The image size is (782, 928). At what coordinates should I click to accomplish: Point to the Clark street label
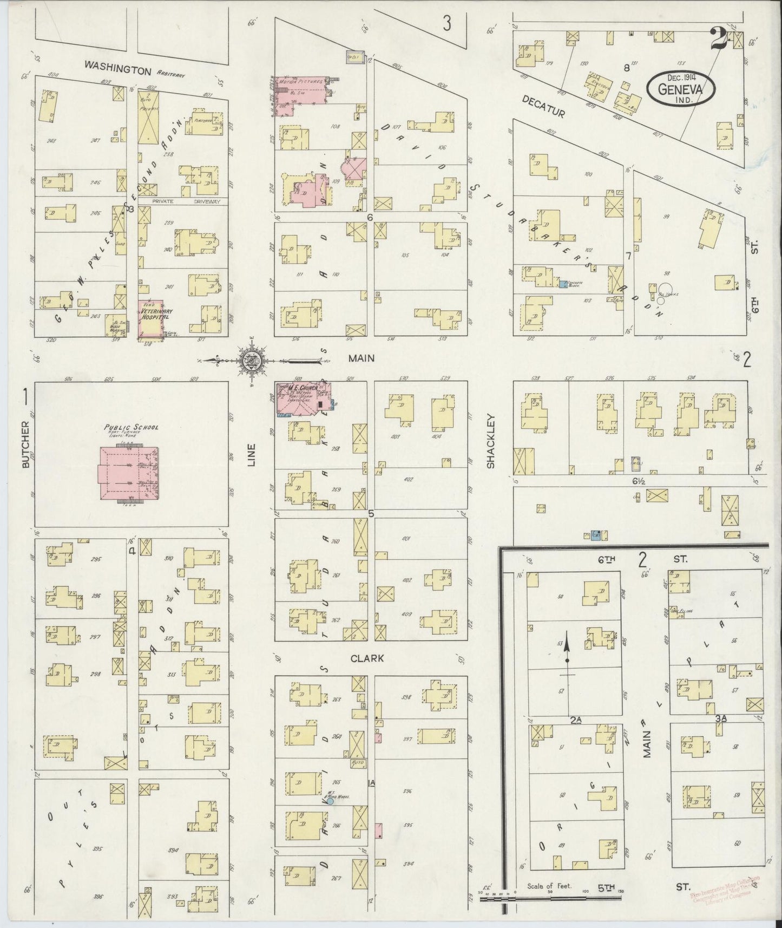point(367,658)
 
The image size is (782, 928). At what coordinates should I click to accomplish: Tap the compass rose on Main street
point(252,360)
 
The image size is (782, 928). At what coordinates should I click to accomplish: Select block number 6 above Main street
point(370,217)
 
